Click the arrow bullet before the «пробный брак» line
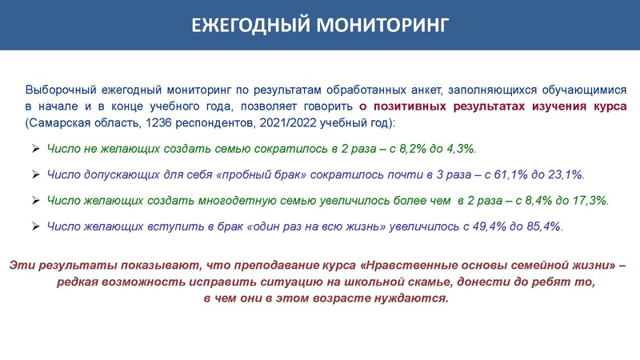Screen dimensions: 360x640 35,174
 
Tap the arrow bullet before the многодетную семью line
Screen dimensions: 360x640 35,200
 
